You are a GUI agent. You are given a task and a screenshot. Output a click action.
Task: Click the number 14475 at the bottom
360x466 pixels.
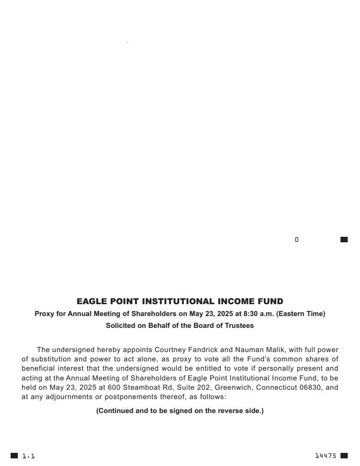click(326, 456)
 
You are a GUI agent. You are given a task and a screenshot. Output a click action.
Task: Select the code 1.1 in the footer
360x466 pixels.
click(28, 456)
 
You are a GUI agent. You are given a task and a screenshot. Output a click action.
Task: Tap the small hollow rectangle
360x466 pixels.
click(297, 240)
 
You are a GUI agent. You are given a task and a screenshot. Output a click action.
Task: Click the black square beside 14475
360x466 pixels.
click(344, 456)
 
